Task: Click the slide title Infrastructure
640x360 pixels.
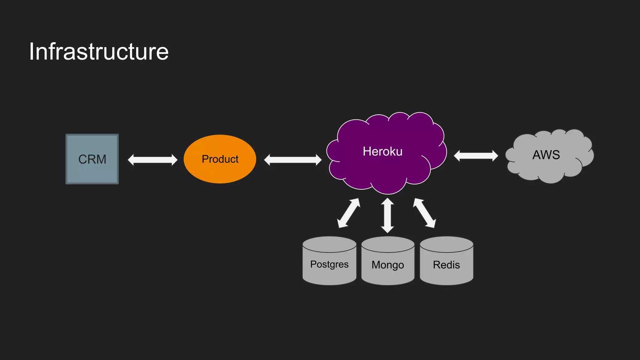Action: [99, 52]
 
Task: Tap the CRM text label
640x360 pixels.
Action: [92, 159]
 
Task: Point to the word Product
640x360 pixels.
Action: [220, 159]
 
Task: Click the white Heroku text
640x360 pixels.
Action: [382, 151]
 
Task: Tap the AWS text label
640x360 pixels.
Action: [546, 155]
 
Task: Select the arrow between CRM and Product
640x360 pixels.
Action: [152, 160]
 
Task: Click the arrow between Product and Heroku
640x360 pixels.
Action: [292, 160]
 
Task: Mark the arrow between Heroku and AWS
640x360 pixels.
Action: [476, 156]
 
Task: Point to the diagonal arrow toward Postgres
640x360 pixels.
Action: [348, 213]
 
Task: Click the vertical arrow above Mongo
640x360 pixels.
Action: [387, 215]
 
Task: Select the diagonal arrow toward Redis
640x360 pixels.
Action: [424, 213]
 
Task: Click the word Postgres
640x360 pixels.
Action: [329, 264]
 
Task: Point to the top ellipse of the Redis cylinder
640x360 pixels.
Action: [446, 244]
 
